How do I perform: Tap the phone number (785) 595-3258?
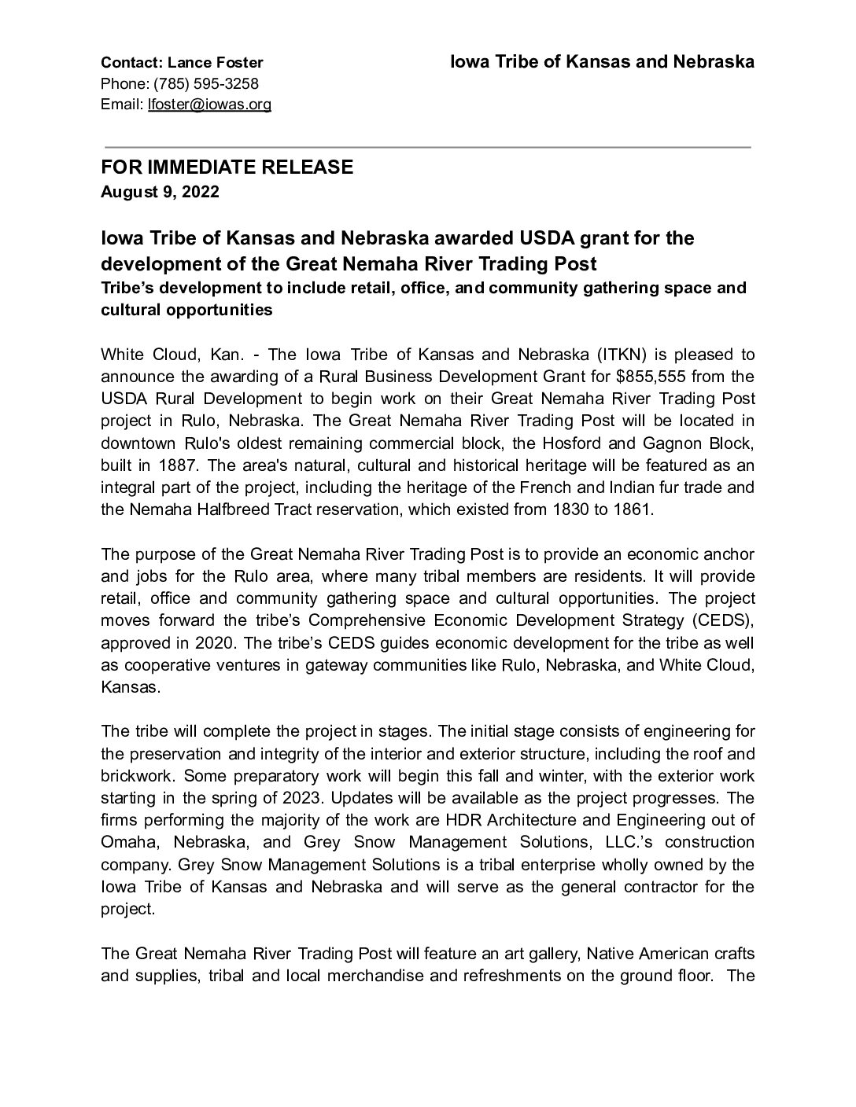click(x=205, y=84)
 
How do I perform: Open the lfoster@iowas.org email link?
click(x=209, y=105)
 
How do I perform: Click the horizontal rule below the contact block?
click(x=427, y=147)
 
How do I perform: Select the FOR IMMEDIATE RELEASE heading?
click(x=227, y=167)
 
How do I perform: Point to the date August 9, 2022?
click(x=160, y=192)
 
